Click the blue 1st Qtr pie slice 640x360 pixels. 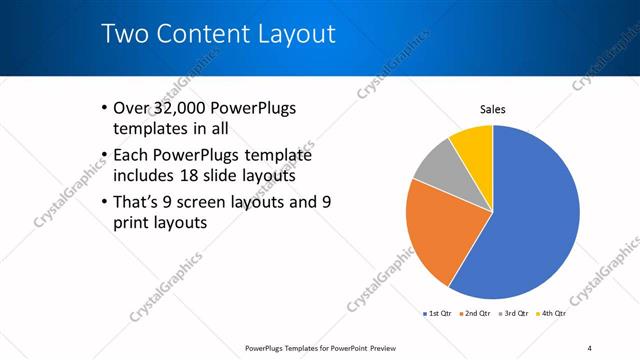530,215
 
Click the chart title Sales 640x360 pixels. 493,109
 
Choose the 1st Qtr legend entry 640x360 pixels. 438,314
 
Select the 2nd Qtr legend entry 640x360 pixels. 476,314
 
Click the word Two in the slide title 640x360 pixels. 126,34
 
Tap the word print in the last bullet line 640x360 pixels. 135,223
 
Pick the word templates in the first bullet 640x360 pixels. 151,129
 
